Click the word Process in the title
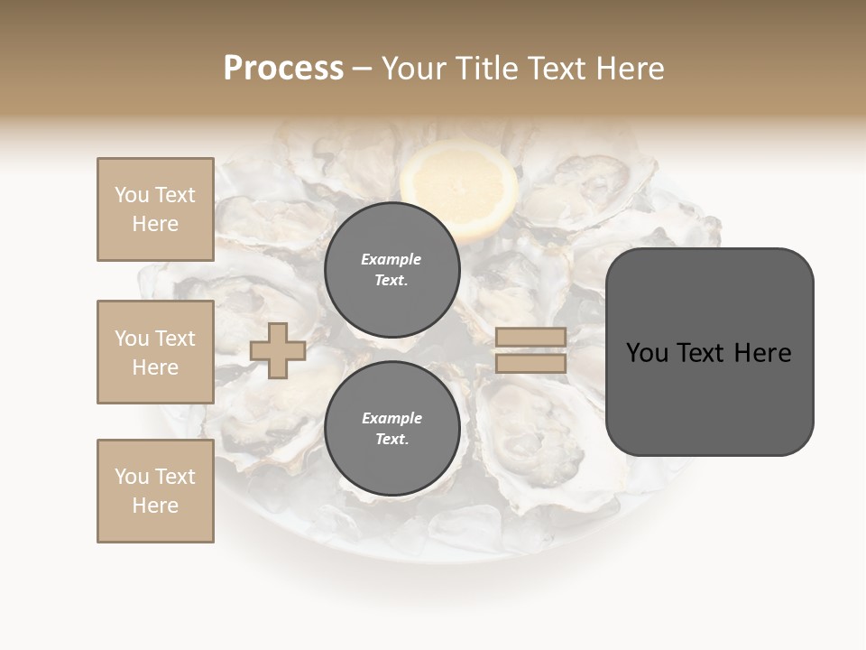pos(283,69)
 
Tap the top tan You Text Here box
pos(155,209)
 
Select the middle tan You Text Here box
pos(155,352)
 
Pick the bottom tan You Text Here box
pos(155,491)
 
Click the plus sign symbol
pos(278,349)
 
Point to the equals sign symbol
pos(530,350)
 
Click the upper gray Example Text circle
pos(392,270)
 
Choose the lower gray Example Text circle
pos(392,429)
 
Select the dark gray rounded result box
pos(709,351)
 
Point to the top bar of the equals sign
pos(530,337)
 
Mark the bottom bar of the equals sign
pos(530,364)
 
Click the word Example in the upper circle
pos(392,259)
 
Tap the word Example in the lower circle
pos(392,418)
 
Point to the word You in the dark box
pos(648,352)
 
